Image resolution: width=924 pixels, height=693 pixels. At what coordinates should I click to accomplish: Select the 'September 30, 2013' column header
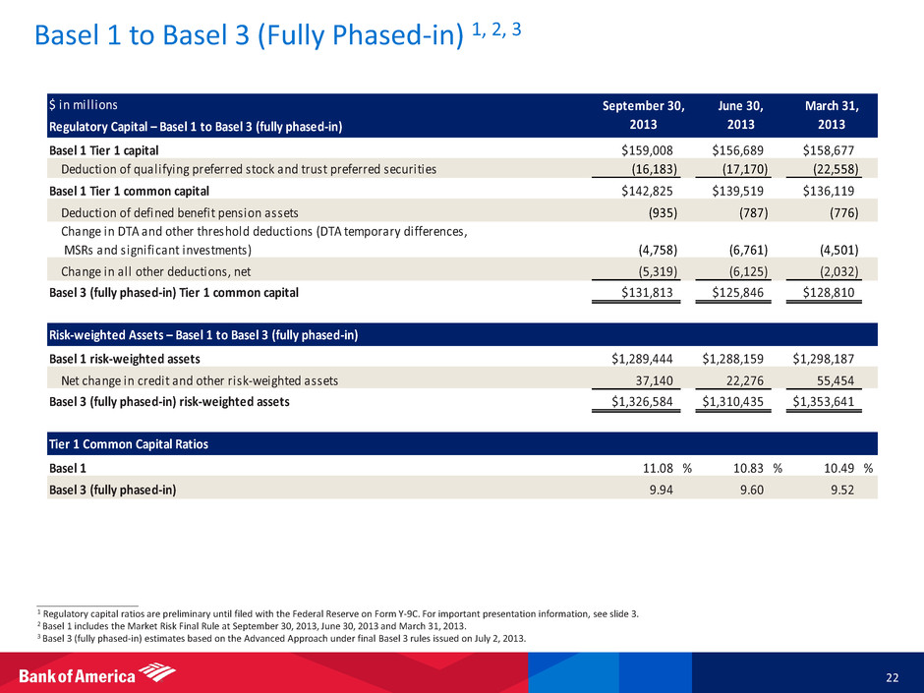(x=645, y=115)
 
